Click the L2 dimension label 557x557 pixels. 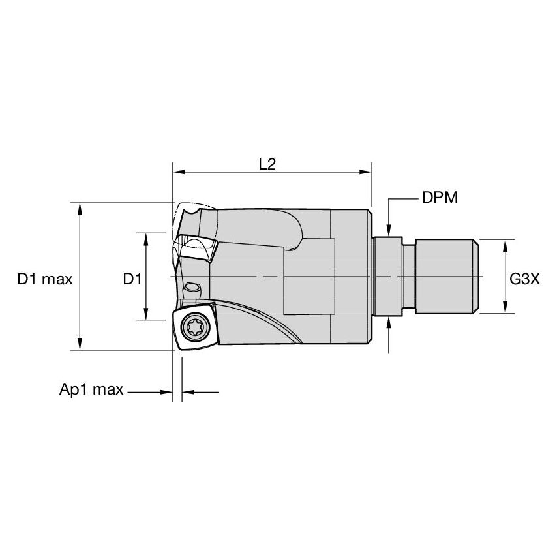267,164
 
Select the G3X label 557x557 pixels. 524,279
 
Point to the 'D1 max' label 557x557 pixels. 45,279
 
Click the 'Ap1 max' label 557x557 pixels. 91,391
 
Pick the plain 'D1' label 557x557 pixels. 132,279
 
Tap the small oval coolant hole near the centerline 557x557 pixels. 192,288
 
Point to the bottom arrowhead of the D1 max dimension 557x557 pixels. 80,344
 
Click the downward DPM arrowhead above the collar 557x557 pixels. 389,230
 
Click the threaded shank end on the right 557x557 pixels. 447,277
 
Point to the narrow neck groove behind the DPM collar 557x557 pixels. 409,277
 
